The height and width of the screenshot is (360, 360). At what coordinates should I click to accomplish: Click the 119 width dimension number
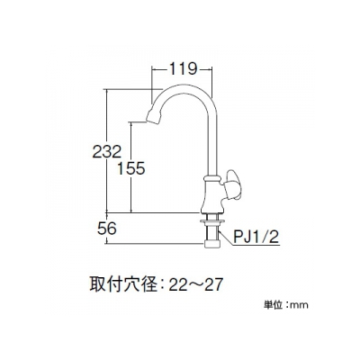point(183,69)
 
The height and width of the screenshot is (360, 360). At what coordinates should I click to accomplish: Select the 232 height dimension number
point(106,151)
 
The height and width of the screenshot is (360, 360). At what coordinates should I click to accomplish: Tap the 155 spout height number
point(130,168)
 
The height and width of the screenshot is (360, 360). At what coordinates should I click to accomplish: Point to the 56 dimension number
point(106,229)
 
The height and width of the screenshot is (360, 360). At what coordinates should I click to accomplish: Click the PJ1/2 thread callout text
point(256,238)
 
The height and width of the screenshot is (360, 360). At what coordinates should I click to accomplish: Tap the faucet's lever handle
point(233,184)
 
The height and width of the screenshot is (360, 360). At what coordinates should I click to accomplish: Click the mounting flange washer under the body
point(212,221)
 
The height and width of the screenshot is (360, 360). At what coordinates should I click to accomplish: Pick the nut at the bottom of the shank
point(212,243)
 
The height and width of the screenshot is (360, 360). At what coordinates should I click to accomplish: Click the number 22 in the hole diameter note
point(178,284)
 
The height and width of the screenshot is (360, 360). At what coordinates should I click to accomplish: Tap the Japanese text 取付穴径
point(123,283)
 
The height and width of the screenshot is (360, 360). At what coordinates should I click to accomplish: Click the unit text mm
point(300,306)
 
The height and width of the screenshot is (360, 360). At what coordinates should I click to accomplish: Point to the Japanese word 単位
point(273,305)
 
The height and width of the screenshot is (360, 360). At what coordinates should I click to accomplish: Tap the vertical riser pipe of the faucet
point(212,141)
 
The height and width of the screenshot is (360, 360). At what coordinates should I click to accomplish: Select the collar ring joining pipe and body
point(212,178)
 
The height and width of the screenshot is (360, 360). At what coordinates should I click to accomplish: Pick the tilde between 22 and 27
point(195,285)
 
